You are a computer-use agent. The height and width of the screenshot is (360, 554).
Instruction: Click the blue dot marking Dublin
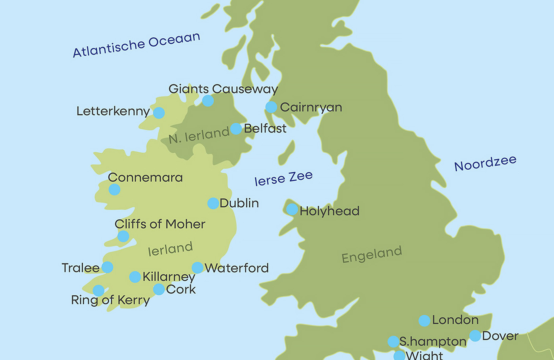[213, 203]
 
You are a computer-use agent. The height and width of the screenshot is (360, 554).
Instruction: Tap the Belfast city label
[265, 129]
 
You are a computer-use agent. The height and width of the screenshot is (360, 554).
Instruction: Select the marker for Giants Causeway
[208, 101]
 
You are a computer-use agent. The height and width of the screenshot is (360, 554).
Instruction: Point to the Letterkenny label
[113, 111]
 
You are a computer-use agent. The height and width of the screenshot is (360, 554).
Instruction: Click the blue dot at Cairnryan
[271, 107]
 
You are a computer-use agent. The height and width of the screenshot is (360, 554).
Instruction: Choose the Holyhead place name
[329, 211]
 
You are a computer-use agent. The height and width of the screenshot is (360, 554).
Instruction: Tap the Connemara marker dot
[114, 189]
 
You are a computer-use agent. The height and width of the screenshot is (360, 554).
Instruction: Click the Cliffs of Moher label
[160, 224]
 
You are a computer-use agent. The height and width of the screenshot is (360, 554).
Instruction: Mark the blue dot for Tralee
[107, 267]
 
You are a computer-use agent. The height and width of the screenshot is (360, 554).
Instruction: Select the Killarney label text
[169, 277]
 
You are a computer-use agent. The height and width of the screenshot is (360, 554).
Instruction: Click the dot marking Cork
[159, 289]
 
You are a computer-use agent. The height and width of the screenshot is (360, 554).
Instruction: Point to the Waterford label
[237, 268]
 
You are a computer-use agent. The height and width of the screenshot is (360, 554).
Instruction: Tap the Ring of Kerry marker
[99, 291]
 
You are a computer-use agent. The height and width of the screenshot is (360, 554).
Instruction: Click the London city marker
[424, 320]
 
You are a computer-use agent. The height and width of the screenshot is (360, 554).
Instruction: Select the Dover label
[500, 336]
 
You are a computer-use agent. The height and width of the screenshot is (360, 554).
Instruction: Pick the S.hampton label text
[433, 341]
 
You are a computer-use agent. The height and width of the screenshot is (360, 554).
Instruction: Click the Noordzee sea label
[485, 163]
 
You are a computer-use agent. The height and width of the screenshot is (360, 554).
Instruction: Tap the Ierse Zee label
[283, 178]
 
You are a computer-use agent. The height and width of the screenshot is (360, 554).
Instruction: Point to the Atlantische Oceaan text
[136, 45]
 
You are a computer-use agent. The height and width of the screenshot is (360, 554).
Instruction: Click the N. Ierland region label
[199, 135]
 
